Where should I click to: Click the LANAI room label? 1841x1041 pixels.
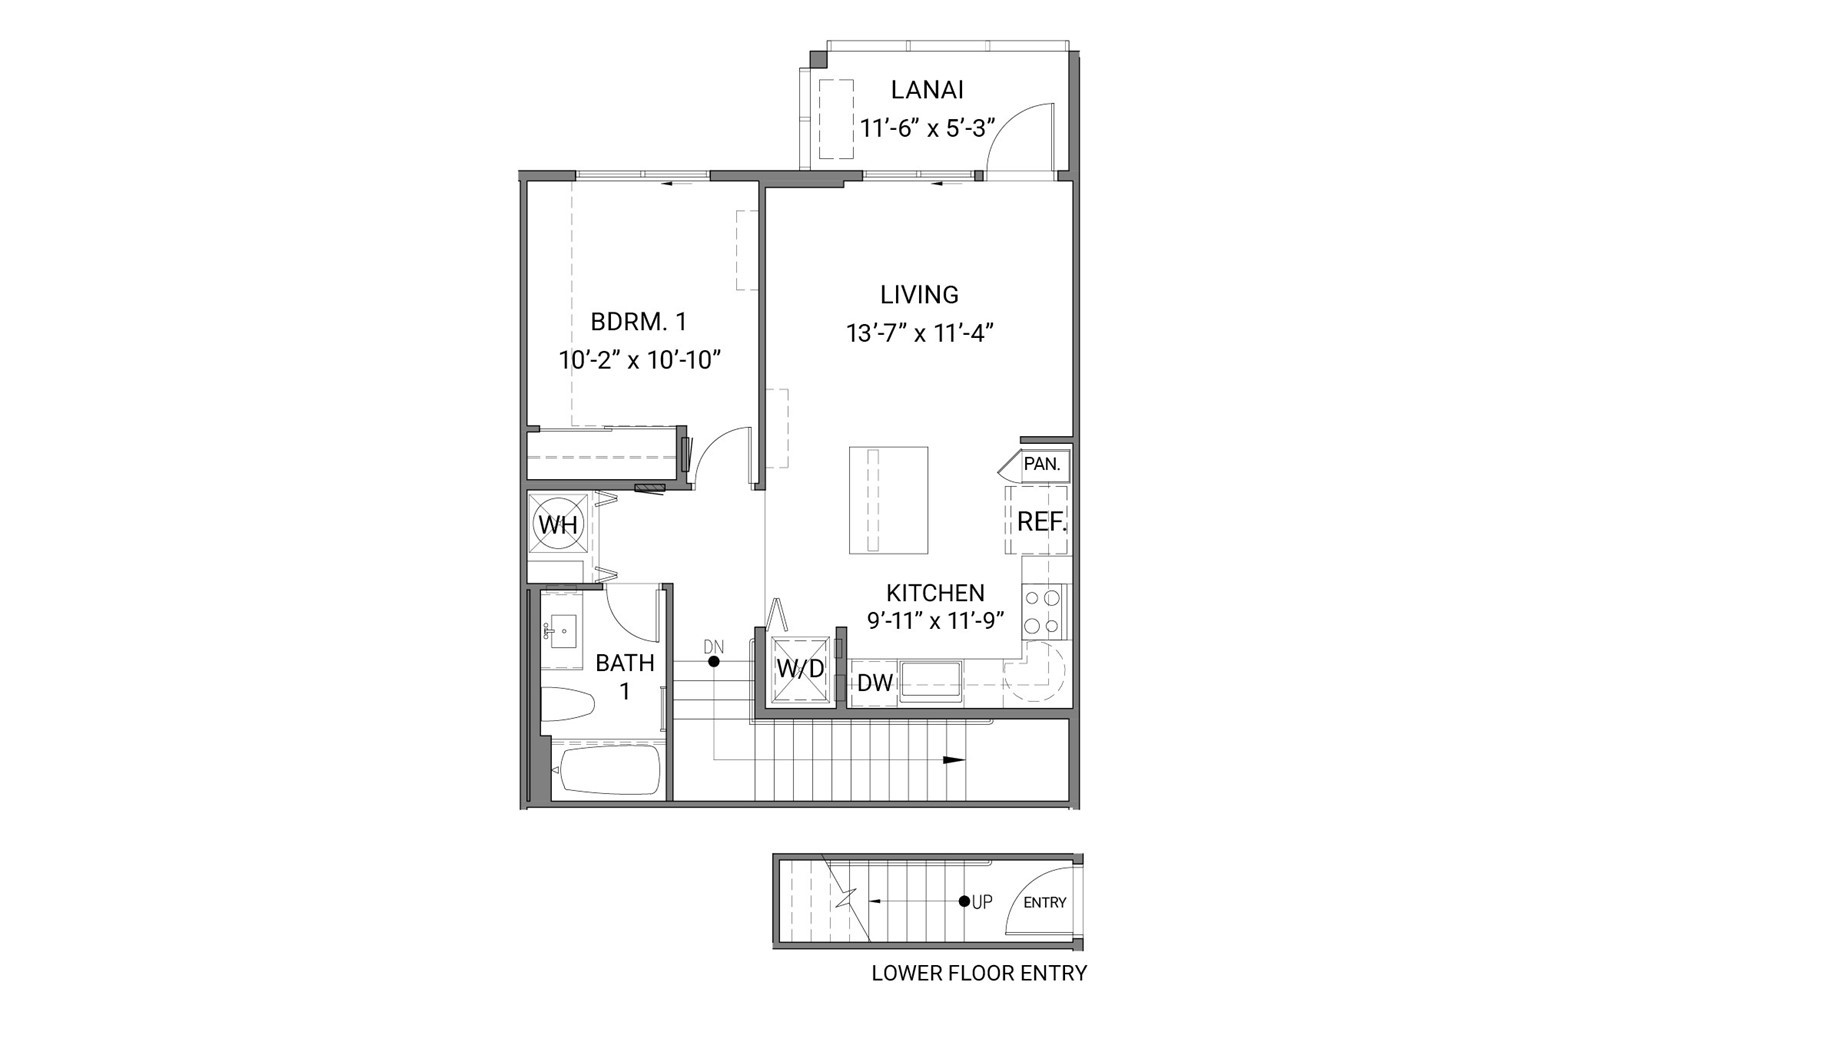(927, 90)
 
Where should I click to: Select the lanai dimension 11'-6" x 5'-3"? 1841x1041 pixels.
(927, 129)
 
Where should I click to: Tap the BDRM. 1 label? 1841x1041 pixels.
(638, 322)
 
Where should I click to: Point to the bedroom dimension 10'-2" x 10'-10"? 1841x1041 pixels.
(640, 360)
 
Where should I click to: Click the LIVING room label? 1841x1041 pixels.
(919, 295)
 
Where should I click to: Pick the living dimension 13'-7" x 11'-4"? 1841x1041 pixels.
(919, 333)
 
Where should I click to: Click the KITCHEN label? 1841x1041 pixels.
(935, 593)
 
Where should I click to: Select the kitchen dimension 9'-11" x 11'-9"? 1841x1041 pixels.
(935, 621)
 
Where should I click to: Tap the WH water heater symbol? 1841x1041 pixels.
(557, 524)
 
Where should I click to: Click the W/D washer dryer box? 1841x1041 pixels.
(800, 669)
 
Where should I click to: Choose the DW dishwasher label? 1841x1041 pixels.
(875, 683)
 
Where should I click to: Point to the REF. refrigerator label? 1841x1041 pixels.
(1041, 521)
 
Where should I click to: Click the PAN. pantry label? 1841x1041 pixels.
(1041, 464)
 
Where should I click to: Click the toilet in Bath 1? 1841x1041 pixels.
(567, 703)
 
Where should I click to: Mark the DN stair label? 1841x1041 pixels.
(713, 647)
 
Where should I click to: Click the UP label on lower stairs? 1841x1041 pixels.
(982, 902)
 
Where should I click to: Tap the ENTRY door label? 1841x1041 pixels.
(1045, 902)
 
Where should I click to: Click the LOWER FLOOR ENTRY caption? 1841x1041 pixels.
(979, 973)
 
